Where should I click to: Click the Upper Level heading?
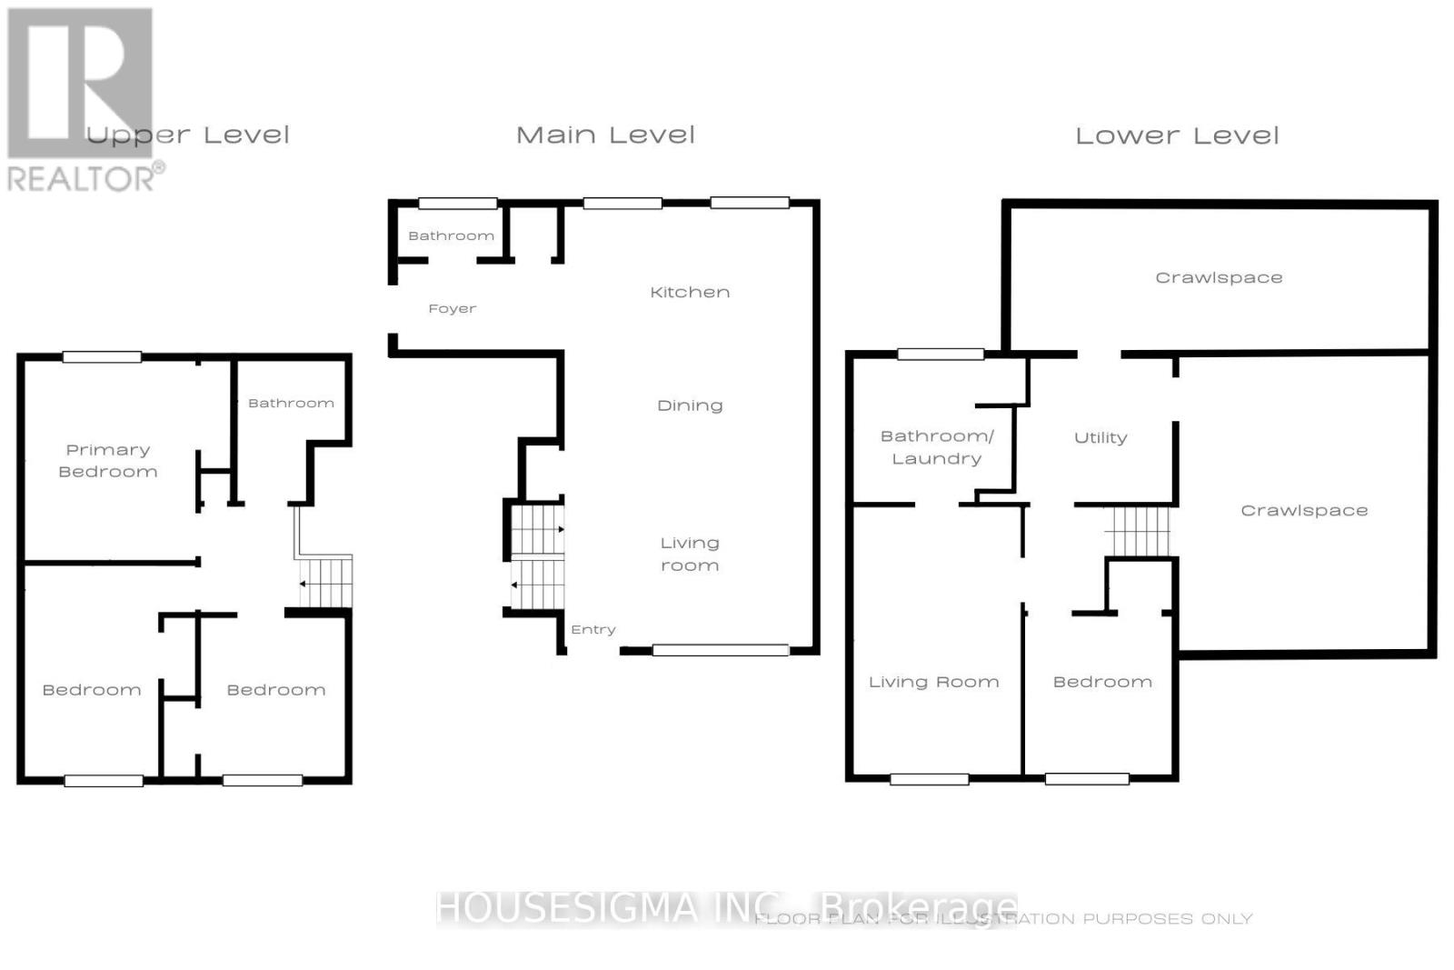[x=188, y=136]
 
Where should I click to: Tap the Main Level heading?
[x=605, y=135]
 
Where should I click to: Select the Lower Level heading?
[x=1177, y=136]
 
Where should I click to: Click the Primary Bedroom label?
[x=108, y=461]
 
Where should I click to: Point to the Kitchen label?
[x=690, y=292]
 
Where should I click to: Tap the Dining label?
[x=690, y=405]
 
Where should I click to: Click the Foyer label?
[x=452, y=309]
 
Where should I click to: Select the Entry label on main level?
[x=593, y=629]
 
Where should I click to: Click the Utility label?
[x=1100, y=437]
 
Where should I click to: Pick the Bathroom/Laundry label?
[x=937, y=447]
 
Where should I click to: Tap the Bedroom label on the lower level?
[x=1102, y=682]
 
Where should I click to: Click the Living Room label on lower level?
[x=933, y=682]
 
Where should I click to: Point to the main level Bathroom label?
[x=451, y=235]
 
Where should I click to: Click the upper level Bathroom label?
[x=291, y=403]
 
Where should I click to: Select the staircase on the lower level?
[x=1137, y=531]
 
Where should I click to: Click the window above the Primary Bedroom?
[x=102, y=357]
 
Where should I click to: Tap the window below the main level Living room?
[x=721, y=650]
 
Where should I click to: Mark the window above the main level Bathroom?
[x=457, y=204]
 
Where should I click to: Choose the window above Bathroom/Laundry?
[x=941, y=355]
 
